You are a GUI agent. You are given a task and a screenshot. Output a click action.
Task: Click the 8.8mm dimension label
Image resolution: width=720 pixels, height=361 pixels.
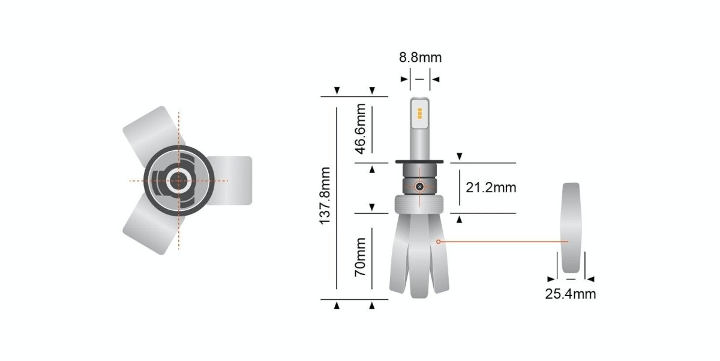[420, 58]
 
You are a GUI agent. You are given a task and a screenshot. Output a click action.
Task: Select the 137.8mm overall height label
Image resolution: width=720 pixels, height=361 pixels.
[326, 196]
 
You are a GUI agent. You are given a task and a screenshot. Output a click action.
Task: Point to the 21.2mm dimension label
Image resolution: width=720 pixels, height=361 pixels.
[491, 187]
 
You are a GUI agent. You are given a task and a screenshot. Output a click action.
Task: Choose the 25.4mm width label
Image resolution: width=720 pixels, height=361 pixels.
[570, 294]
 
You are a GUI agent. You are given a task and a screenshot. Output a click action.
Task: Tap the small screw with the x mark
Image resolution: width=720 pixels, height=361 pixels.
[419, 187]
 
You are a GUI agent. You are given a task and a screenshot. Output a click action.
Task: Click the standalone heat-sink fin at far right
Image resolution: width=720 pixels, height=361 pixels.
[571, 228]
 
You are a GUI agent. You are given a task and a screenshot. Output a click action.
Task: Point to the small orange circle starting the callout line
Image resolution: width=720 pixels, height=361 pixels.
[439, 241]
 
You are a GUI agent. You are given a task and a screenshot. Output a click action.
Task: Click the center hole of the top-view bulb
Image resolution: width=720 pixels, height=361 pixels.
[178, 180]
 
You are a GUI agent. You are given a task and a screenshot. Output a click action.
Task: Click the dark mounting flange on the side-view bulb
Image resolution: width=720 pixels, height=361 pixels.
[419, 162]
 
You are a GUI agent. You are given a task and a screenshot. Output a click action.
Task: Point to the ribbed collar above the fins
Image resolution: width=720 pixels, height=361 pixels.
[419, 205]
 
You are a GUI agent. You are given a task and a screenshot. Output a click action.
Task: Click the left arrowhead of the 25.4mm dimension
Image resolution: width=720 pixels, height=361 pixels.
[550, 279]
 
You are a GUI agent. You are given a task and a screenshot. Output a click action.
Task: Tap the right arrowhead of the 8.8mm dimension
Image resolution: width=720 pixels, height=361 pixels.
[435, 79]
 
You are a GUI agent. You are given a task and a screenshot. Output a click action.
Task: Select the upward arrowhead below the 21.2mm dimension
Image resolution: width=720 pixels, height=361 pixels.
[460, 220]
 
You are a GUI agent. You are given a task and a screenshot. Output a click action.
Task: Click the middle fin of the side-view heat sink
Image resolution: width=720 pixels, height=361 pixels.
[419, 258]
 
